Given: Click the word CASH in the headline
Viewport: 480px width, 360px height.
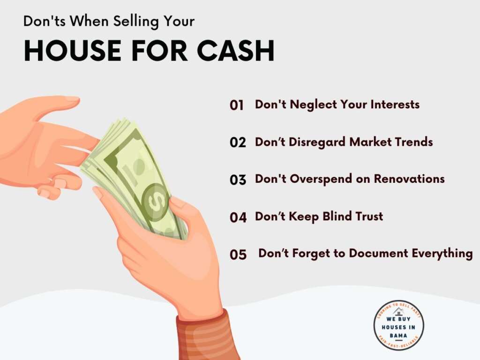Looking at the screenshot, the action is point(235,51).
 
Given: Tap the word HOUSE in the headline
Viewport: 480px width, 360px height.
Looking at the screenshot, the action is point(73,51).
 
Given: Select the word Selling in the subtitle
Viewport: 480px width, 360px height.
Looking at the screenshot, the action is point(136,22).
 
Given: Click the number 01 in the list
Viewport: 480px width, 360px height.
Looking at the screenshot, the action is point(237,105).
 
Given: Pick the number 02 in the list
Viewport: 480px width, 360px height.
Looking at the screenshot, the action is point(238,142).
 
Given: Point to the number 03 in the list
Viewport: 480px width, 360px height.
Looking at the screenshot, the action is point(238,180).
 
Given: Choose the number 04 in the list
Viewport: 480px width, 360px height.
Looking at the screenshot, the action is point(238,217).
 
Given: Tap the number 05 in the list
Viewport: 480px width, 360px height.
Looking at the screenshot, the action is point(238,255).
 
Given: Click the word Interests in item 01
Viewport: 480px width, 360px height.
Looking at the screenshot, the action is point(395,105).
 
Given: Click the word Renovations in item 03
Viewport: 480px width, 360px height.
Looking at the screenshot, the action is point(409,179).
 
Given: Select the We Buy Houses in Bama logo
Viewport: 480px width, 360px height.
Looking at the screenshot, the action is point(398,325).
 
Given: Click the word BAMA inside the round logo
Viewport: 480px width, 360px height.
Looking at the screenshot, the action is point(398,336).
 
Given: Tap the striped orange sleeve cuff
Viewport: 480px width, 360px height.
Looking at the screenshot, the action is point(206,337).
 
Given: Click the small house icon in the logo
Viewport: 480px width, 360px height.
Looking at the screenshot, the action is point(398,312).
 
